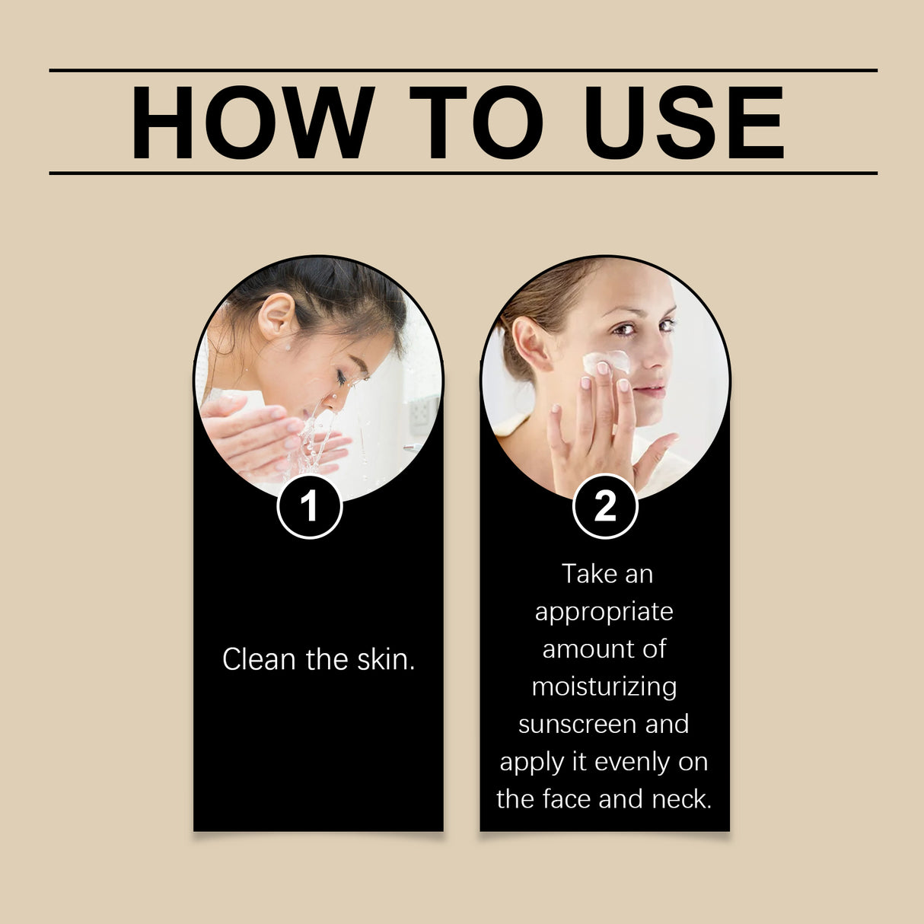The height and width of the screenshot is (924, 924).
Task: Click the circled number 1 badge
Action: point(309,506)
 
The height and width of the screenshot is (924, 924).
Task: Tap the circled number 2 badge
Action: point(604,506)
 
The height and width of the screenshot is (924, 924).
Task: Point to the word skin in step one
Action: point(386,659)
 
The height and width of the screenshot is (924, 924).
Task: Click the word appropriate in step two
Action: point(604,612)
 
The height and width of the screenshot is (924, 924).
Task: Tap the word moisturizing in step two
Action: point(604,687)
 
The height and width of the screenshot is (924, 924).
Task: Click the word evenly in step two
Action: point(629,761)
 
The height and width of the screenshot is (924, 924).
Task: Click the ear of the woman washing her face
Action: point(276,314)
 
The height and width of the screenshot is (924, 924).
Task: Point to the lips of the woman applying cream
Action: point(649,391)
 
